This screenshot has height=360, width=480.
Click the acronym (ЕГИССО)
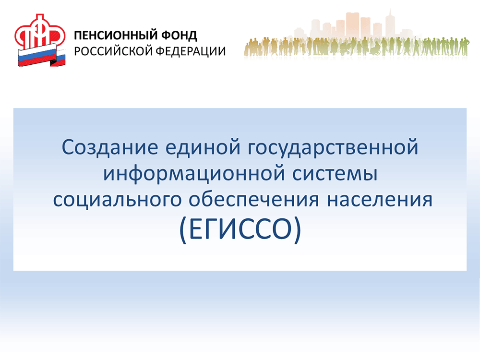(x=240, y=231)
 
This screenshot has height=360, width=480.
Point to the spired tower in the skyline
(x=390, y=22)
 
